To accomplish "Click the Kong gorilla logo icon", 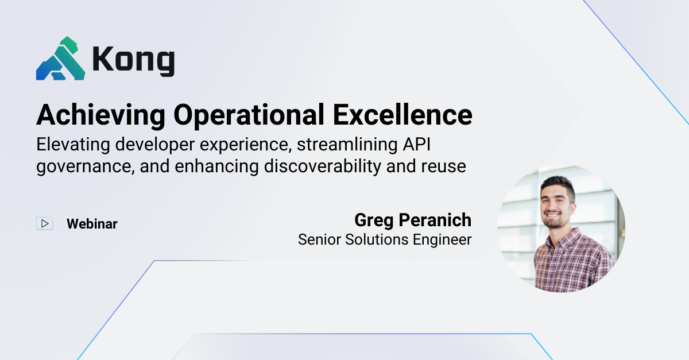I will (60, 59).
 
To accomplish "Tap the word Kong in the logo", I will (133, 60).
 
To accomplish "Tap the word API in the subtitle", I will (430, 144).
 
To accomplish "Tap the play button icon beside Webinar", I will (45, 223).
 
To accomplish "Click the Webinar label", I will (92, 223).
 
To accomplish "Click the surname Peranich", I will (438, 220).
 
